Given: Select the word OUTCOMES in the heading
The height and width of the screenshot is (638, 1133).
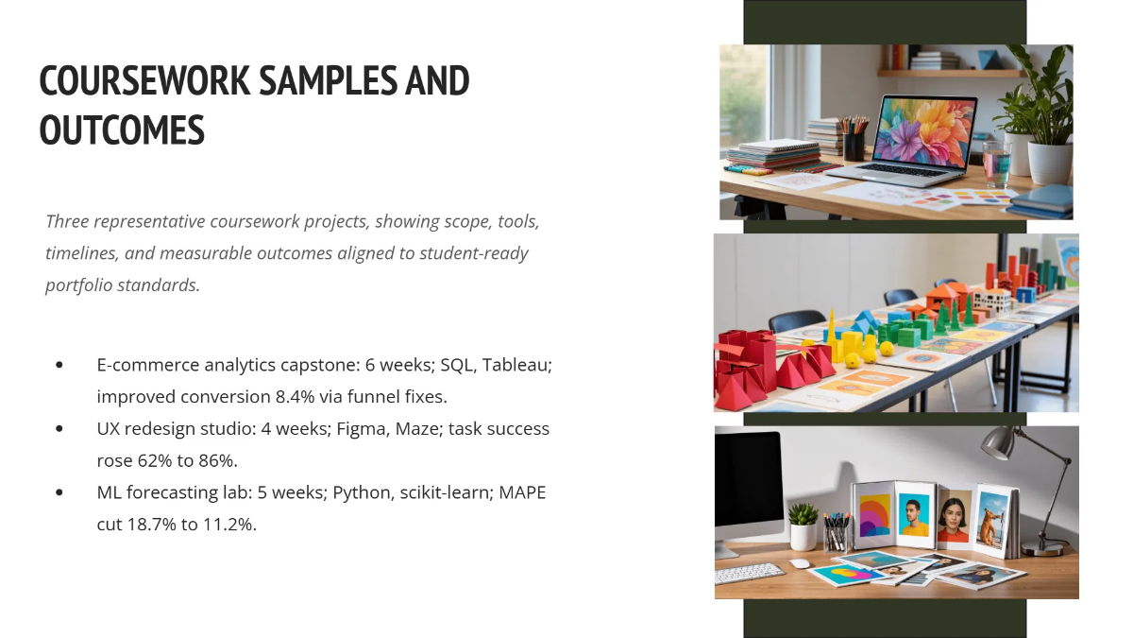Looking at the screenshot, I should point(122,130).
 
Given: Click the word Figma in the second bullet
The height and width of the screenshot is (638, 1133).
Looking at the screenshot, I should point(359,428).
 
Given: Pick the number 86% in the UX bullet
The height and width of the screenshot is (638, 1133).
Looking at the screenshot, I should point(215,460).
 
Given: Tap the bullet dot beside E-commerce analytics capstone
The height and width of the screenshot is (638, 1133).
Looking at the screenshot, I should point(60,364).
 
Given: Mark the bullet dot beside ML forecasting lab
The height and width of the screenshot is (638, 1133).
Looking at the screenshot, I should point(60,492).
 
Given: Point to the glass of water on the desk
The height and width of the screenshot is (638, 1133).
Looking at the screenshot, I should point(996,163).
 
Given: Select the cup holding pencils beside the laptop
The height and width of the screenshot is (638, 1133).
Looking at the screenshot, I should point(854,145).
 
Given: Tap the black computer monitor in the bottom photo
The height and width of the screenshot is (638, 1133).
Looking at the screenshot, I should point(749,484).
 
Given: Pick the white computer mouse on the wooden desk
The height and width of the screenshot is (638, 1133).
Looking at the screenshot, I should point(801,563).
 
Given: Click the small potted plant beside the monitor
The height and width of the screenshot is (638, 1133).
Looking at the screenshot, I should point(803,526).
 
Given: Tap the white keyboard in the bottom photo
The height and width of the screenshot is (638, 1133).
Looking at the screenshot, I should point(750,574).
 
